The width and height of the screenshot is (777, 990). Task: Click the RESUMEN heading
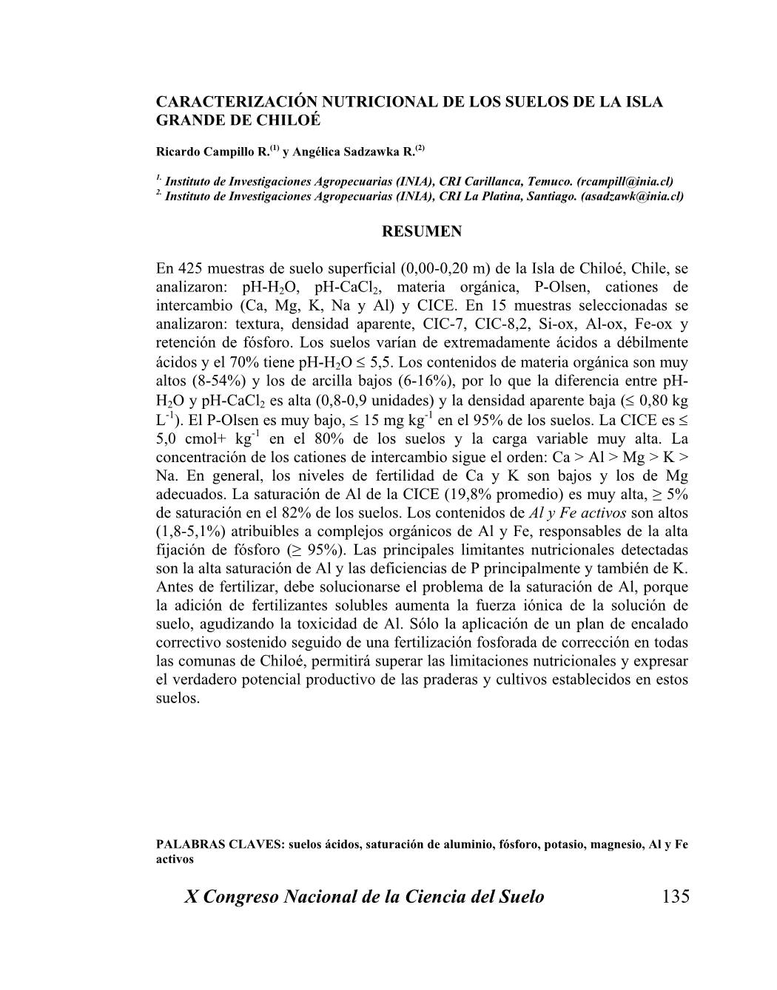click(x=421, y=231)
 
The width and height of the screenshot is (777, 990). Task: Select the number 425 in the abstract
click(x=189, y=268)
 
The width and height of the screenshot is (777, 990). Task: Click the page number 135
click(x=676, y=897)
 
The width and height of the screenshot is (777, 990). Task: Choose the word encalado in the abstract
click(x=659, y=623)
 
